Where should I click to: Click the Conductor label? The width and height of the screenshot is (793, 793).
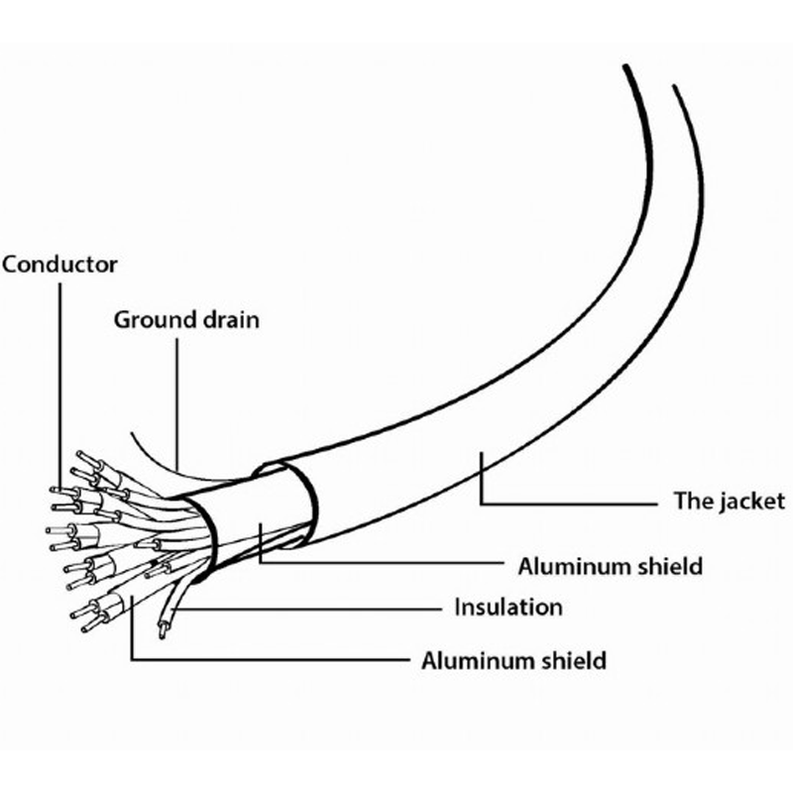59,265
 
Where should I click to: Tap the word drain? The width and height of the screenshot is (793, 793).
231,320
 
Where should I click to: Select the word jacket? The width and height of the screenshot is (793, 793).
753,502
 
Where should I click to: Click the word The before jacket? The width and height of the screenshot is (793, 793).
693,501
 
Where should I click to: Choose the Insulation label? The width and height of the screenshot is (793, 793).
509,607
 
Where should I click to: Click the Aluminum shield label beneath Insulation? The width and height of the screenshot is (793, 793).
513,660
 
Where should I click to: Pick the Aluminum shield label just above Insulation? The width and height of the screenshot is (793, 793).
610,566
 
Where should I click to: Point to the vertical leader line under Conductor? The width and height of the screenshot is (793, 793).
60,386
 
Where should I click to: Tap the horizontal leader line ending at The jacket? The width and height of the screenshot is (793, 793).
569,504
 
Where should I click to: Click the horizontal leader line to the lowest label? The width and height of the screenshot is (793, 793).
271,659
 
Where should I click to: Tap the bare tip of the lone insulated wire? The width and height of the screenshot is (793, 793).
163,631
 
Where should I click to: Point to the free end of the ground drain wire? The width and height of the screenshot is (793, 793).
132,433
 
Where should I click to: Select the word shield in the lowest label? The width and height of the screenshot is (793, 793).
574,660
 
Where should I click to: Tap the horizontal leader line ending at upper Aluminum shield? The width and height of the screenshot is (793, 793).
382,561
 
